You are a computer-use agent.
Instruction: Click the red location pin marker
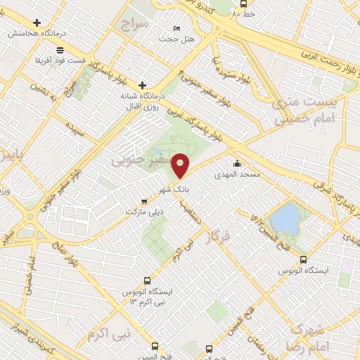click(181, 165)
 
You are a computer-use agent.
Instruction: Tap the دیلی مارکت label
click(143, 211)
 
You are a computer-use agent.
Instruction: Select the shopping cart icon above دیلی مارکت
click(143, 200)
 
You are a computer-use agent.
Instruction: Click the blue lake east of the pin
click(285, 218)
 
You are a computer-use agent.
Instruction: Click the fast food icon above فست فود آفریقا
click(60, 50)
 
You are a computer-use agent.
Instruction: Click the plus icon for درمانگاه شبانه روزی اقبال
click(143, 84)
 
